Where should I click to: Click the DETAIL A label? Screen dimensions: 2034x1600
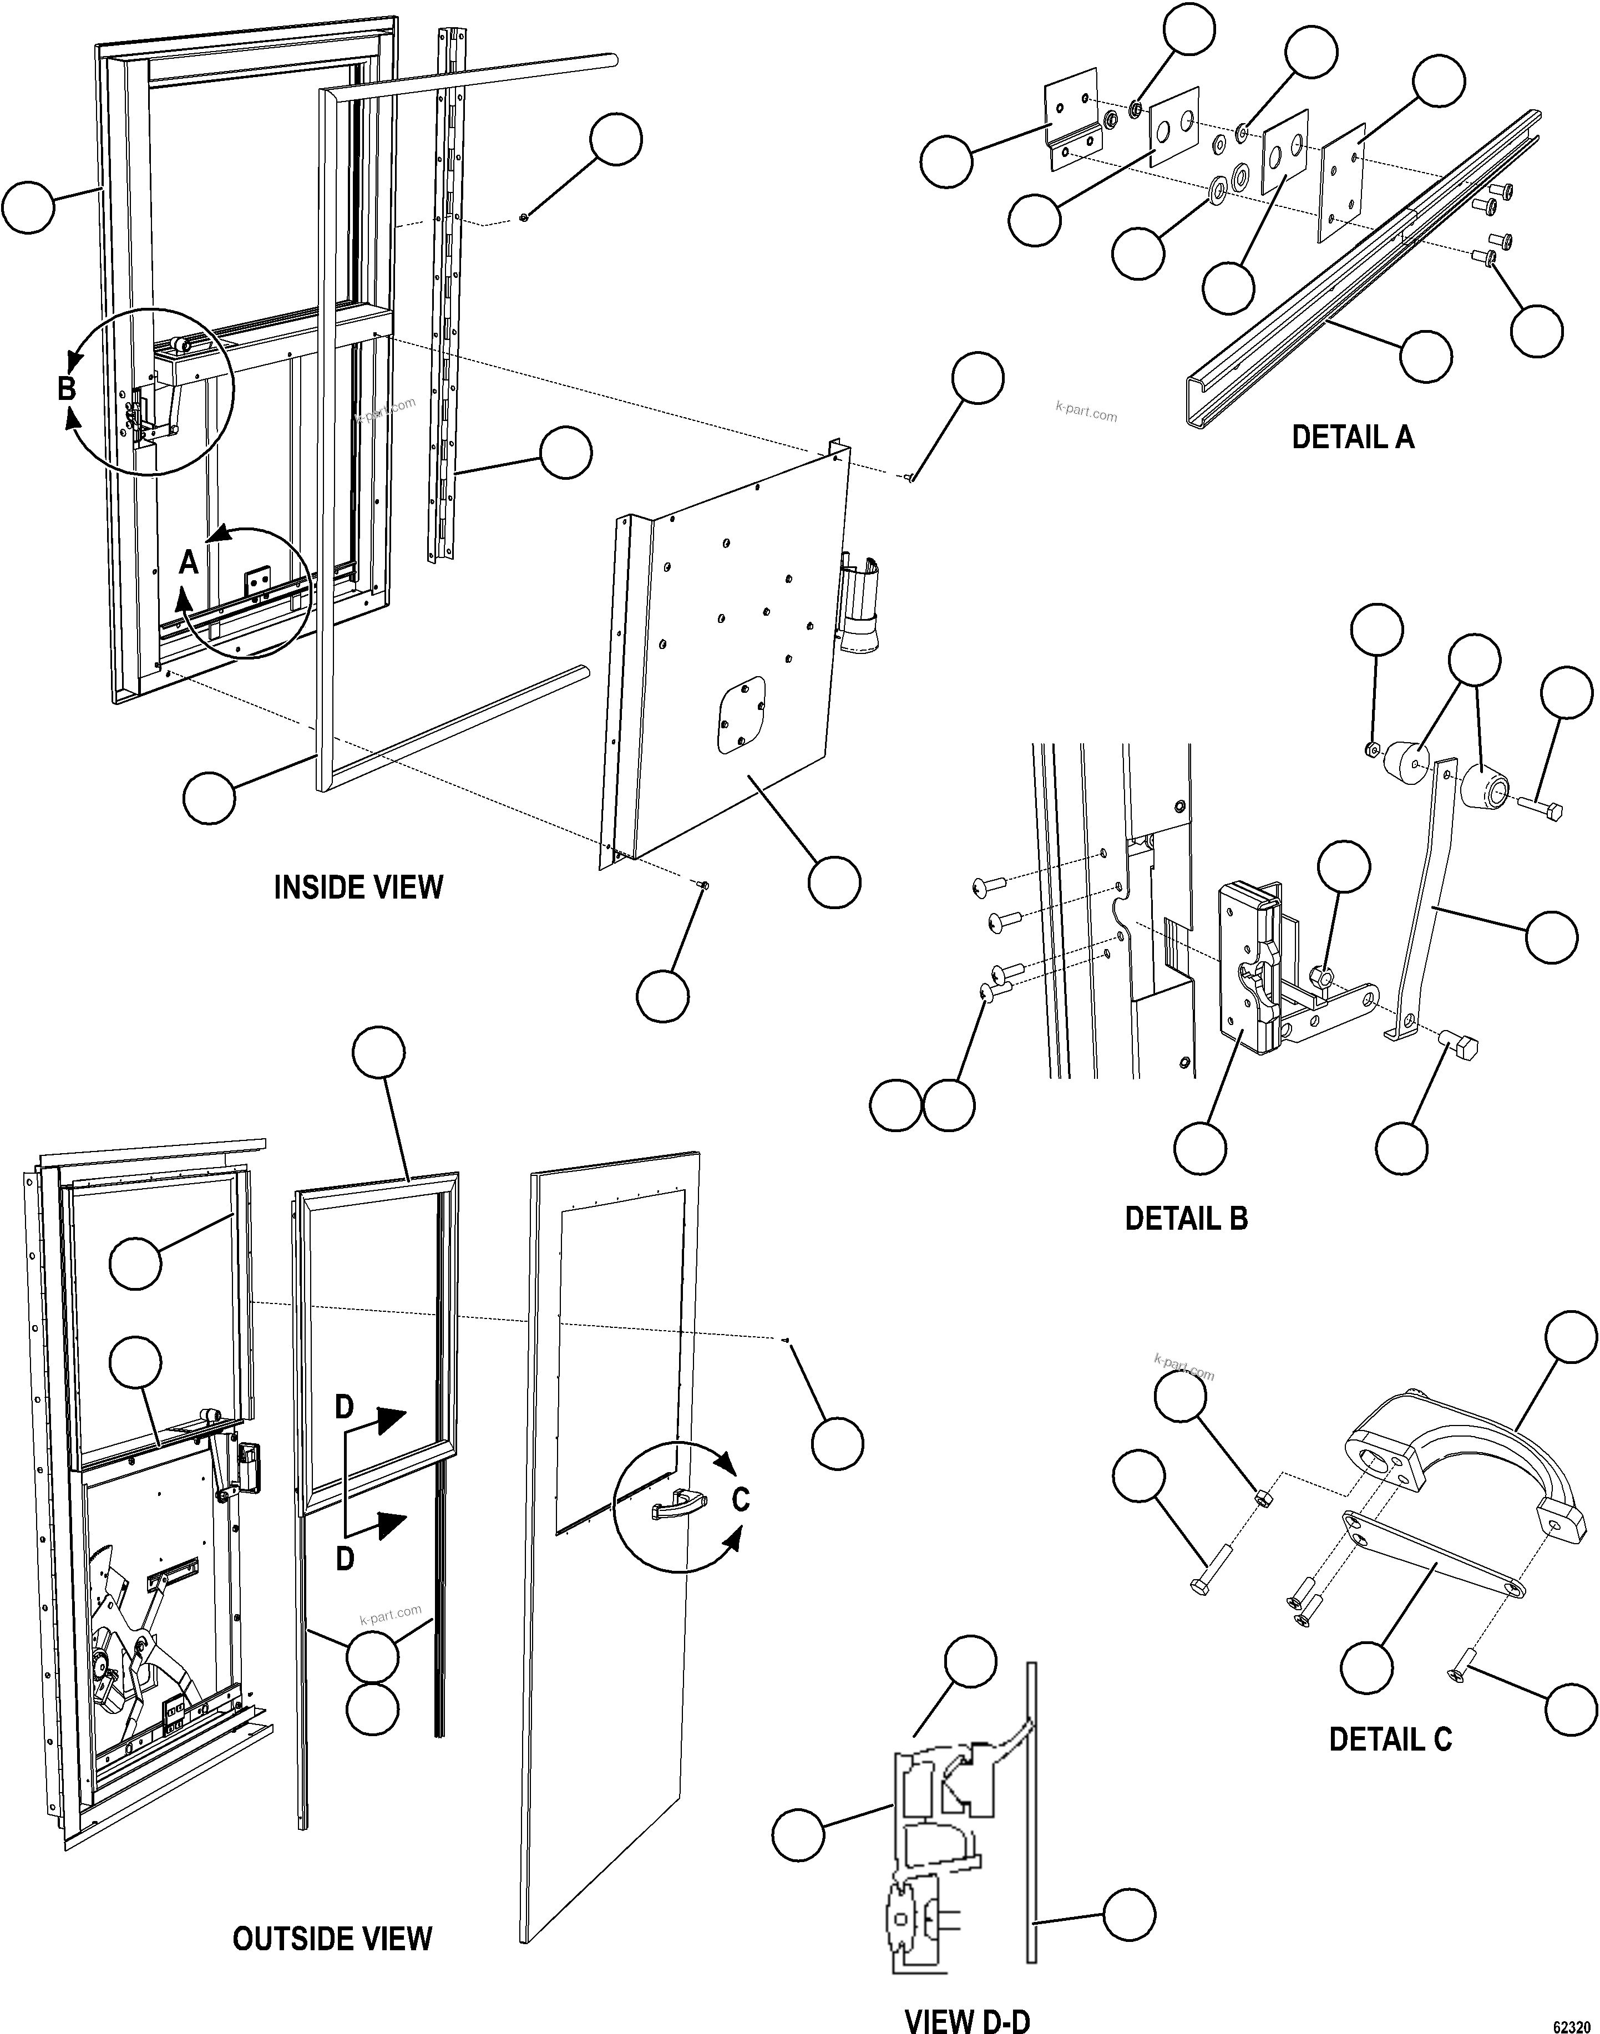point(1352,437)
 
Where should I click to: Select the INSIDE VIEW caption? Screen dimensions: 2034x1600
point(358,887)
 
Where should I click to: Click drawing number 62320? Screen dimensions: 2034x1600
point(1574,2020)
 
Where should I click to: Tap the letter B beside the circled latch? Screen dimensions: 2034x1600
point(65,388)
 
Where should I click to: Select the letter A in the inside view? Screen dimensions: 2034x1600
point(188,563)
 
